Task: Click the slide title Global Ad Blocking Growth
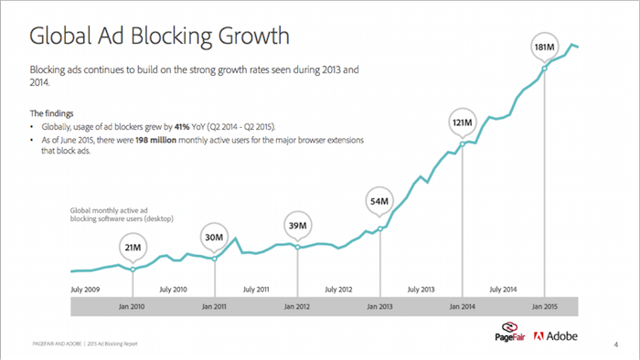tap(160, 36)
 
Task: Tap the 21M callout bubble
tap(133, 247)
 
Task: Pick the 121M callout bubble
tap(463, 122)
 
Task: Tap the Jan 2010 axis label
tap(133, 307)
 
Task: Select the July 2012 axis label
tap(338, 289)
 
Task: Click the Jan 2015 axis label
tap(545, 307)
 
